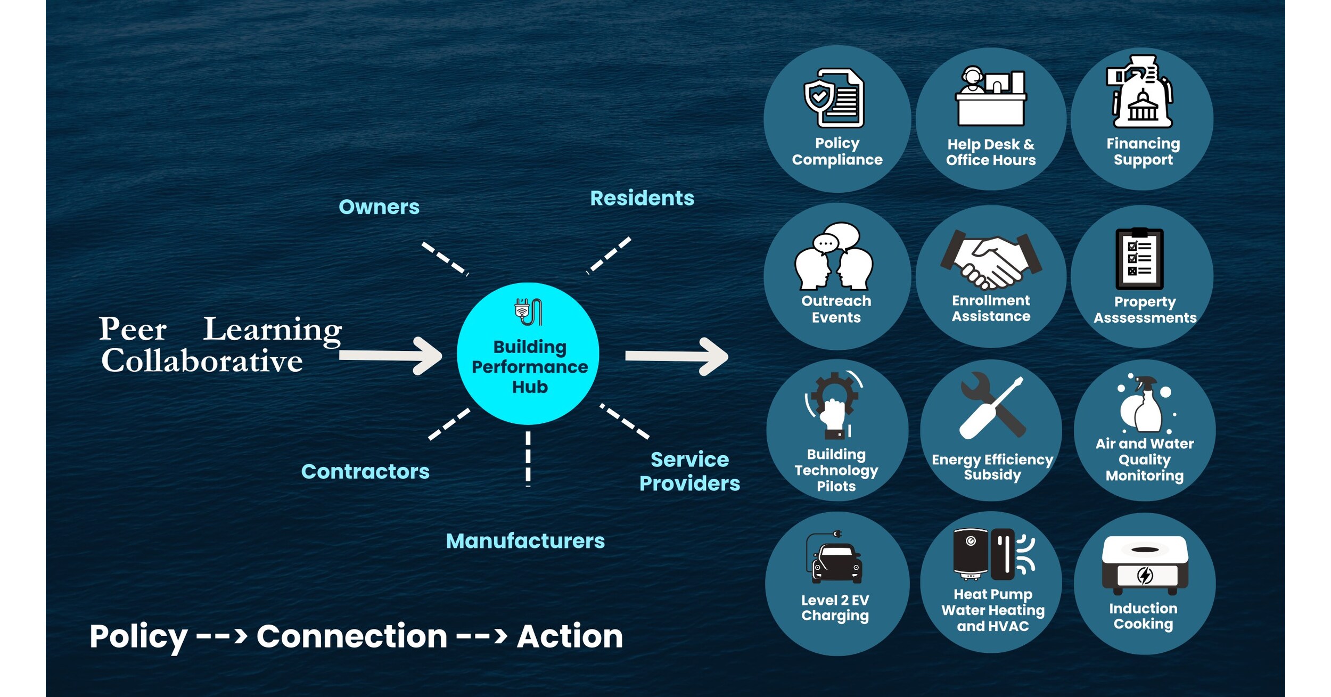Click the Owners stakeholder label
[379, 207]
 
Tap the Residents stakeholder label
[642, 198]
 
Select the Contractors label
[365, 471]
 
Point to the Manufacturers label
[525, 540]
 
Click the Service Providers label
[689, 471]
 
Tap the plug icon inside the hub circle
[528, 312]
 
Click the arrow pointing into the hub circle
[391, 356]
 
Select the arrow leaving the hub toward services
[676, 356]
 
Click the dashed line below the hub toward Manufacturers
[528, 458]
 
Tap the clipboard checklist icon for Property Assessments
[1139, 259]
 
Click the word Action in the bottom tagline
[570, 636]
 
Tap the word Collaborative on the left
[202, 361]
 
